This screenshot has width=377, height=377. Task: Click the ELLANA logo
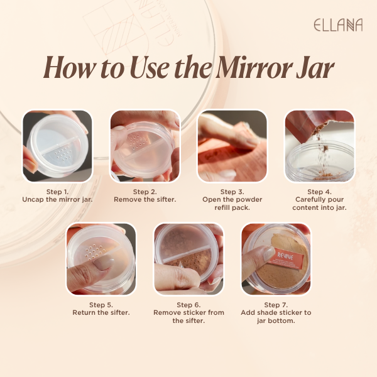pos(338,25)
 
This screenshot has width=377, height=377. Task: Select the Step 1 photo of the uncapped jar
pos(57,146)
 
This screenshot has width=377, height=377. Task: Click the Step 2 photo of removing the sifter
pos(145,146)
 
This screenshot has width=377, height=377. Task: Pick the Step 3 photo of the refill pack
pos(232,146)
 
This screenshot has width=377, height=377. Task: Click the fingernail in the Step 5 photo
pos(104,262)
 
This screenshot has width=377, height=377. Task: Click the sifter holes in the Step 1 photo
pos(62,154)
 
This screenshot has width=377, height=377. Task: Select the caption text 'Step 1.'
pos(57,192)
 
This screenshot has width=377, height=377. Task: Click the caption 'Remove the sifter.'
pos(145,200)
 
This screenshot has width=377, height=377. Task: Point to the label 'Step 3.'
pos(232,192)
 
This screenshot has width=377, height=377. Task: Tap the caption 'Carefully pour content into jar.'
pos(320,204)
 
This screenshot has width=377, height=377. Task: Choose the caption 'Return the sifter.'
pos(101,312)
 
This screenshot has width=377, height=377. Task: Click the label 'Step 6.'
pos(188,305)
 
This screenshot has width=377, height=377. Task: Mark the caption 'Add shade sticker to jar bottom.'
pos(276,317)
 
